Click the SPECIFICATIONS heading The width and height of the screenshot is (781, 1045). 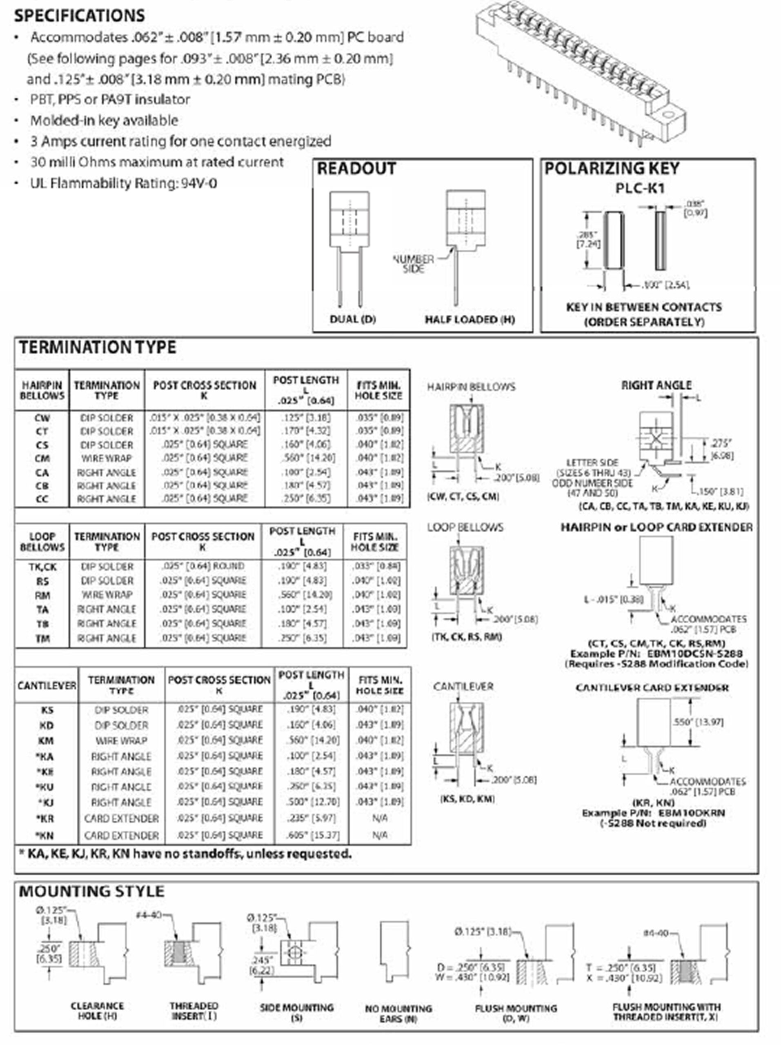click(79, 16)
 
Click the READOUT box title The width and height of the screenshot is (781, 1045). click(356, 169)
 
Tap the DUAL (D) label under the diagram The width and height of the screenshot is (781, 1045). click(352, 319)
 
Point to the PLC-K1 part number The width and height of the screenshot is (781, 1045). click(640, 189)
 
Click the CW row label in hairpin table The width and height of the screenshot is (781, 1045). click(42, 418)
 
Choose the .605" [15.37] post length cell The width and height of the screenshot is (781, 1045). click(312, 835)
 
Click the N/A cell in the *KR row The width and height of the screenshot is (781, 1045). click(379, 818)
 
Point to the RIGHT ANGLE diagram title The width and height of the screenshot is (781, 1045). click(656, 385)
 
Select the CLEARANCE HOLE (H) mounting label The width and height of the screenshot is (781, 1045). click(97, 1011)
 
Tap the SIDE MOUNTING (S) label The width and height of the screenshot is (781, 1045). click(297, 1012)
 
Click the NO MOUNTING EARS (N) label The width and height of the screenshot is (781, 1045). click(398, 1013)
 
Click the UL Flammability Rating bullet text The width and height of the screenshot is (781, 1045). click(123, 183)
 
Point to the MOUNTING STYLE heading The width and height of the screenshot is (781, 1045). click(91, 891)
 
